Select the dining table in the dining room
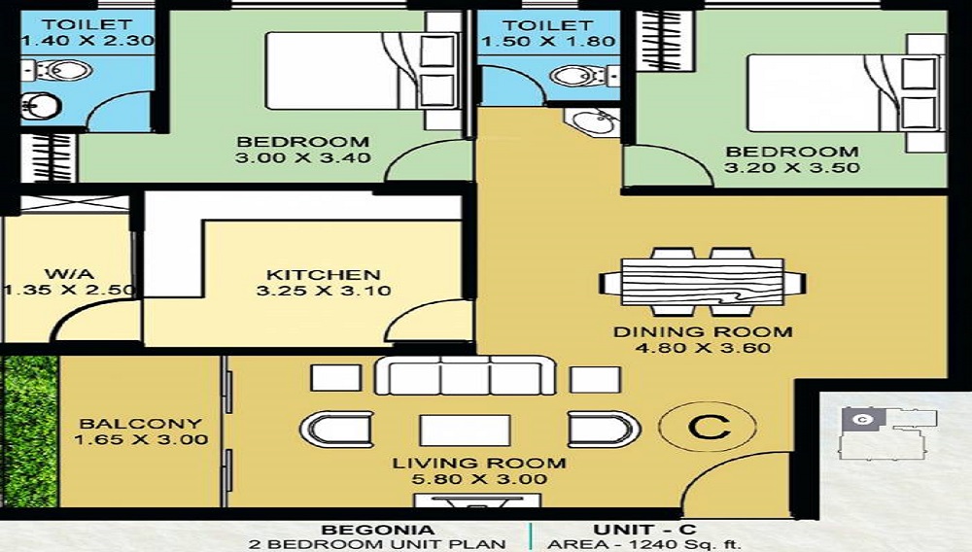(703, 282)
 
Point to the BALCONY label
(141, 424)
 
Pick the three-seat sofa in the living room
(465, 374)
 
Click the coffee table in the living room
(464, 429)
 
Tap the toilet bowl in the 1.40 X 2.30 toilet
(68, 70)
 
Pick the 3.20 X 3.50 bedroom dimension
(792, 167)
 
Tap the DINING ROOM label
(703, 331)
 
